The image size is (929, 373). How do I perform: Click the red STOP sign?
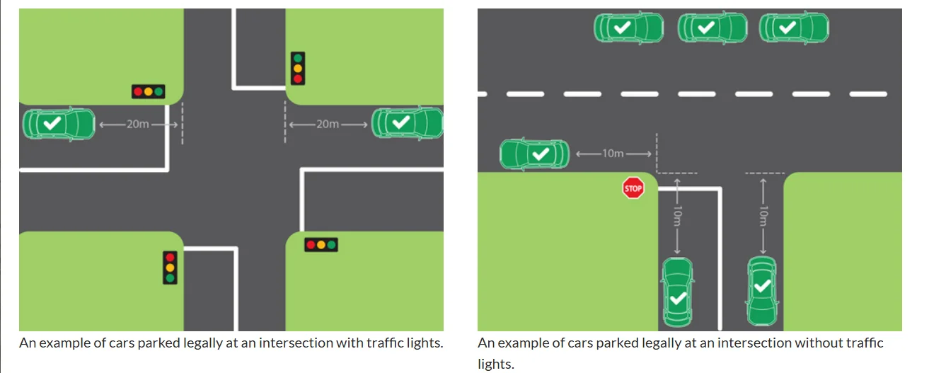[x=633, y=188]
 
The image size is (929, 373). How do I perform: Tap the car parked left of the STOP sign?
[x=535, y=154]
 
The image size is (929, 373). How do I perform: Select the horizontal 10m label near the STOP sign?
[x=613, y=154]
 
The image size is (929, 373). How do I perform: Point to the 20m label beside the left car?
[x=138, y=124]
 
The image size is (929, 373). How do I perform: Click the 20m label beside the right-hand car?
[x=327, y=124]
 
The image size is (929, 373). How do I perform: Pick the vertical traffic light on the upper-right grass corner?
[x=298, y=68]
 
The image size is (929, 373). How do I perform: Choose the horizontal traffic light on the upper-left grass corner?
[x=148, y=91]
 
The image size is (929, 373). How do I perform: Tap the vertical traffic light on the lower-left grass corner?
[x=170, y=268]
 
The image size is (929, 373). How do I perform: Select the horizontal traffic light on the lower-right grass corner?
[x=321, y=245]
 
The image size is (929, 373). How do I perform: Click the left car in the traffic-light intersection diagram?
[x=59, y=124]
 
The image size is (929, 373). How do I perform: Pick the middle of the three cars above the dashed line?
[x=712, y=28]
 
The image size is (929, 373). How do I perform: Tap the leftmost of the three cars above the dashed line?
[x=628, y=28]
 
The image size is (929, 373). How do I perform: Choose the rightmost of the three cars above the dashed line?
[x=794, y=28]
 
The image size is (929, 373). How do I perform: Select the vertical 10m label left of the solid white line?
[x=677, y=217]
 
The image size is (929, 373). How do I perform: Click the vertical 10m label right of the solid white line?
[x=763, y=216]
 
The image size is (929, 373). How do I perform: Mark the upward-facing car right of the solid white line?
[x=762, y=291]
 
